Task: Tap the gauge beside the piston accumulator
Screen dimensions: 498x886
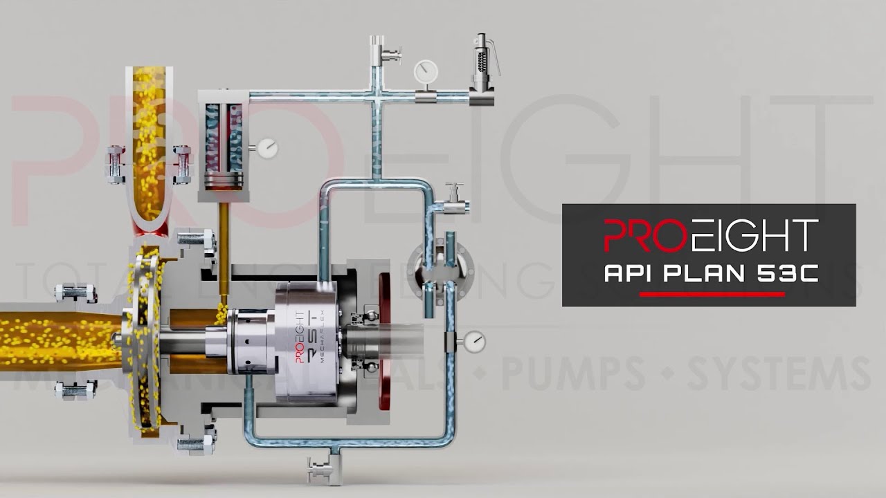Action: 266,147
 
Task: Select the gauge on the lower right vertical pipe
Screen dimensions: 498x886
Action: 475,341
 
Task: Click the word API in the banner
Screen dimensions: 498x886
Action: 631,273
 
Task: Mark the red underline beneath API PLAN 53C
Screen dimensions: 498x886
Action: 711,295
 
